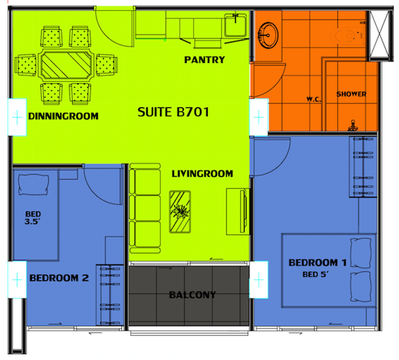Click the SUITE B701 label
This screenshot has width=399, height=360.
coord(173,112)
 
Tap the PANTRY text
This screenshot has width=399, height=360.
coord(204,60)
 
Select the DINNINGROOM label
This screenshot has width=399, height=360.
coord(63,116)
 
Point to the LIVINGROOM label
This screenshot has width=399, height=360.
coord(202,173)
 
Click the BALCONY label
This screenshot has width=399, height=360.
coord(193,295)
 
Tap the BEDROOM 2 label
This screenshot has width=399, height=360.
coord(59,278)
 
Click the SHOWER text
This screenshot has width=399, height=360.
coord(351,94)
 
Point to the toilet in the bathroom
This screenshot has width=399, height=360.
coord(347,35)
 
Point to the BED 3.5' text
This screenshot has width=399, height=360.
coord(34,219)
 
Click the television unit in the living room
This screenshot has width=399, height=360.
coord(237,211)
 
